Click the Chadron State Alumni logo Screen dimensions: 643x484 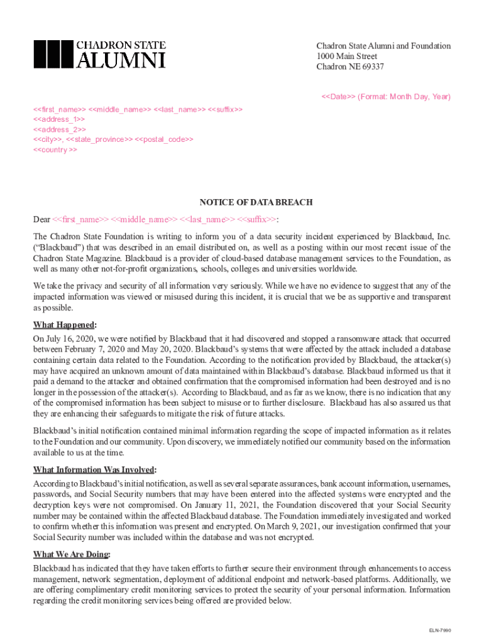[99, 54]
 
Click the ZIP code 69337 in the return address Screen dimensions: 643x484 [373, 67]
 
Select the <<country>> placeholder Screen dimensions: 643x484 [55, 150]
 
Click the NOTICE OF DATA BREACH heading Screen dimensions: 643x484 [256, 203]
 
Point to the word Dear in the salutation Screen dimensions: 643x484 [41, 219]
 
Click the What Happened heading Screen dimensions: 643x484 [64, 325]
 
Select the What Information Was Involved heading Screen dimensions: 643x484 [94, 470]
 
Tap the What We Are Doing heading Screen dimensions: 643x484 [72, 554]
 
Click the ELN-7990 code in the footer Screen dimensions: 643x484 [440, 630]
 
